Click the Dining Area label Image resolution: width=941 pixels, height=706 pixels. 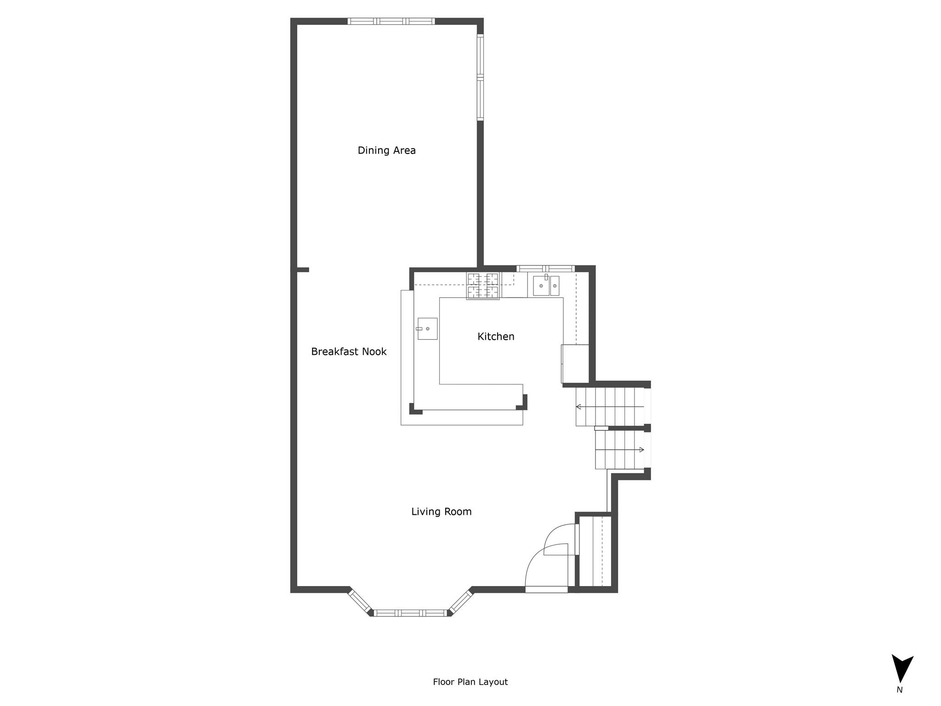386,150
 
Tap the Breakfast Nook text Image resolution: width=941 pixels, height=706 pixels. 349,352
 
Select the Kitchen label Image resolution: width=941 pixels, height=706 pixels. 496,336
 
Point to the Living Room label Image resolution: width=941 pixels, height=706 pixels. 441,512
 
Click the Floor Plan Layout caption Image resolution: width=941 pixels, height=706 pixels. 470,682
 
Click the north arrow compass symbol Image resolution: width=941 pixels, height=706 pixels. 902,669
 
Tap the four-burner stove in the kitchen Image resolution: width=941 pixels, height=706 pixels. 483,286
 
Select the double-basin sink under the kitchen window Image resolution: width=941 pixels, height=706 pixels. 546,285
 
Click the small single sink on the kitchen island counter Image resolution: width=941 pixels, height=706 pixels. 427,329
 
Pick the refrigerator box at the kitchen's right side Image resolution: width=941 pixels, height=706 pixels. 575,364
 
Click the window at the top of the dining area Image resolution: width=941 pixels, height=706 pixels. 391,21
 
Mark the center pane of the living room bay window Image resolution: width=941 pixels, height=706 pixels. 410,613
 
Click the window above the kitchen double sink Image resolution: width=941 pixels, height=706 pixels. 545,268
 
